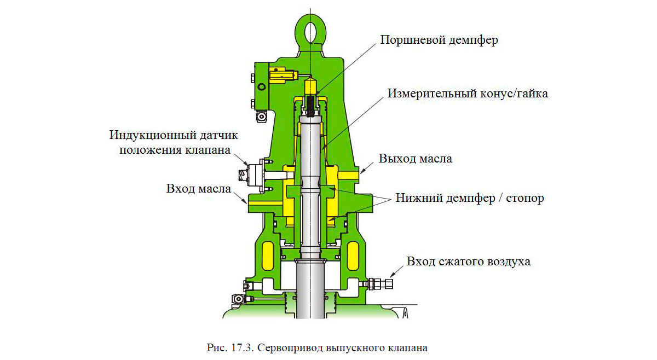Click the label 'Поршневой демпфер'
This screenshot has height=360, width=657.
click(x=439, y=40)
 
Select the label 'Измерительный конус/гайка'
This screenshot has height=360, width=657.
click(x=468, y=94)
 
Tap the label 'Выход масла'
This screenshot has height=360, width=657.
click(x=416, y=159)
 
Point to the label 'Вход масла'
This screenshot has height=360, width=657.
click(x=198, y=188)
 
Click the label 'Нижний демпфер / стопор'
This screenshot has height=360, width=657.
click(x=469, y=198)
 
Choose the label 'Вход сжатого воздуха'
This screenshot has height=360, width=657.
click(x=468, y=261)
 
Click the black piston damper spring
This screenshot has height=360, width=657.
click(x=310, y=104)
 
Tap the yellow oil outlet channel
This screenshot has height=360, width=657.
click(x=347, y=173)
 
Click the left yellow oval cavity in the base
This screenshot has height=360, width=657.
click(x=268, y=256)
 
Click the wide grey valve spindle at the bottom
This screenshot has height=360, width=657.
click(x=310, y=290)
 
